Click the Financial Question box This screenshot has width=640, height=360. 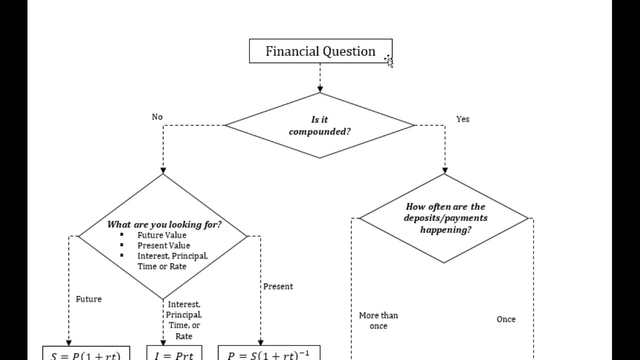pos(320,51)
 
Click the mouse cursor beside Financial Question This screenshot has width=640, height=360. pos(389,61)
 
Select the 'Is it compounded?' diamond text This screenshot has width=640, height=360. pos(319,125)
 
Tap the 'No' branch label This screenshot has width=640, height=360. pos(157,117)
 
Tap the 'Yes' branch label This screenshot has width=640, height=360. pos(462,119)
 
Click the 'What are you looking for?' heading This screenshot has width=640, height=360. pos(164,224)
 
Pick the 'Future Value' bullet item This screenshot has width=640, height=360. pos(161,235)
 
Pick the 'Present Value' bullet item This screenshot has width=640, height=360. pos(163,245)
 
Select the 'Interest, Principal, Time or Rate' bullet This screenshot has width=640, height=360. pos(172,261)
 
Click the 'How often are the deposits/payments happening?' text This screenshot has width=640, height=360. pos(445,218)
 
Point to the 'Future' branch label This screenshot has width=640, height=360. pos(88,299)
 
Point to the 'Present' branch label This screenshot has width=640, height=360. pos(278,286)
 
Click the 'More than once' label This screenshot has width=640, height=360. pos(378,320)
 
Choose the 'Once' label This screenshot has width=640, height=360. pos(505,319)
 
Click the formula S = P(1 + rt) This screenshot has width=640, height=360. pos(86,355)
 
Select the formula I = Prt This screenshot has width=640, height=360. pos(174,355)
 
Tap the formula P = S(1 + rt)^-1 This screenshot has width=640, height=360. pos(268,355)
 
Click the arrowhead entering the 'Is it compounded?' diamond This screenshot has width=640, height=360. pos(320,89)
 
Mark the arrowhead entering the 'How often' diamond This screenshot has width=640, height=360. pos(444,171)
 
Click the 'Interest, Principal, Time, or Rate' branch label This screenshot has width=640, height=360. pos(183,320)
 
